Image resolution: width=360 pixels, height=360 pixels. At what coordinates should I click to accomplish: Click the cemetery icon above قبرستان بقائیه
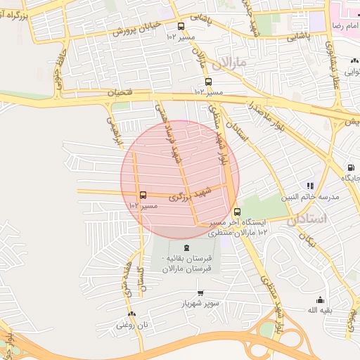click(186, 247)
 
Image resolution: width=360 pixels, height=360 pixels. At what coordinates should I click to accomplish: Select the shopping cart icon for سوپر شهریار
click(200, 292)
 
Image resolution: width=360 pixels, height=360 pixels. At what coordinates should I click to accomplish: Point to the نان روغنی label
click(133, 325)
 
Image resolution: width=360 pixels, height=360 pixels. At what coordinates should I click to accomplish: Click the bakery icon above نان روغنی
click(131, 314)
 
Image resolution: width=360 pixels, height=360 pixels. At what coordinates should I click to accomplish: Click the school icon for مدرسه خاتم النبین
click(310, 186)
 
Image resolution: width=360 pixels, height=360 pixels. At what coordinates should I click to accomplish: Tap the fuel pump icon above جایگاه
click(350, 168)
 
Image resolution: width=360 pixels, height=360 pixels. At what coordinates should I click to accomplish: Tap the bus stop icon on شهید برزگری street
click(143, 195)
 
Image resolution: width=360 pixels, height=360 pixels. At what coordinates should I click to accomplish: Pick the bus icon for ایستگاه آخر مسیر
click(236, 212)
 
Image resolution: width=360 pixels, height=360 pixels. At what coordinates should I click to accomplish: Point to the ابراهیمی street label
click(114, 130)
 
